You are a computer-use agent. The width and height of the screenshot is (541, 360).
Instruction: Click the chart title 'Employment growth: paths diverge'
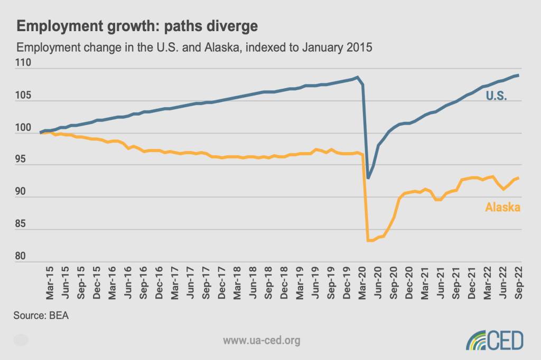(x=138, y=26)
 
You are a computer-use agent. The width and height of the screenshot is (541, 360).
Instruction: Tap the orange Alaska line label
(x=502, y=207)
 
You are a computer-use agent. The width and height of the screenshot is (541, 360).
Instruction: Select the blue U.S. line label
(x=496, y=96)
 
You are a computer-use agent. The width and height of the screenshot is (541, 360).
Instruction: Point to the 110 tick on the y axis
(x=24, y=63)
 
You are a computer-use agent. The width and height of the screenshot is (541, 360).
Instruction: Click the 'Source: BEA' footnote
(x=42, y=317)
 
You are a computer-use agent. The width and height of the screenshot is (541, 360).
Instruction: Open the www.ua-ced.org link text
(x=262, y=340)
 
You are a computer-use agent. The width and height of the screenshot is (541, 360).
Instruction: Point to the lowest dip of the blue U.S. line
(x=368, y=178)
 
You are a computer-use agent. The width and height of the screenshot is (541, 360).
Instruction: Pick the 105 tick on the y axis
(x=24, y=96)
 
